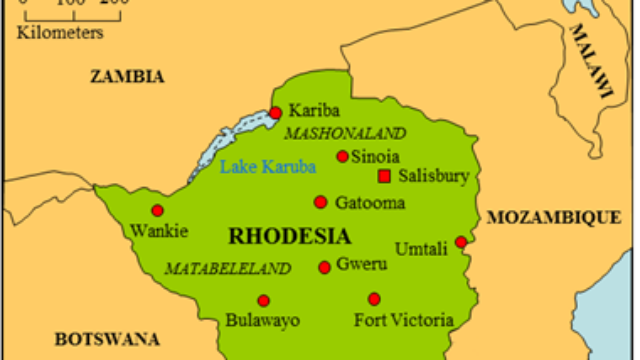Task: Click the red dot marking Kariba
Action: coord(276,113)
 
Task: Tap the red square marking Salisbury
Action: coord(383,176)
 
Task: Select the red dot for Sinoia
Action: coord(343,156)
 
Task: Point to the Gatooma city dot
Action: coord(320,202)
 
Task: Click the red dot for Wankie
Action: coord(157,210)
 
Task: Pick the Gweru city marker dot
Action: coord(324,267)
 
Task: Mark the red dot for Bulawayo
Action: coord(263,300)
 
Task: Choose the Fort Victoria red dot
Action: coord(374,298)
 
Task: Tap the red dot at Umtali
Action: coord(461,242)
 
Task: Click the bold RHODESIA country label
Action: coord(290,237)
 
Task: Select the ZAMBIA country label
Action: coord(127,76)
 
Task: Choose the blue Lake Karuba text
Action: coord(267,166)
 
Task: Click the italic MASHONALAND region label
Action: coord(345,133)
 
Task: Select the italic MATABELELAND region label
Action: coord(227,268)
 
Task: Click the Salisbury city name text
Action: coord(433,176)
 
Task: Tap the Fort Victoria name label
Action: coord(404,321)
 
